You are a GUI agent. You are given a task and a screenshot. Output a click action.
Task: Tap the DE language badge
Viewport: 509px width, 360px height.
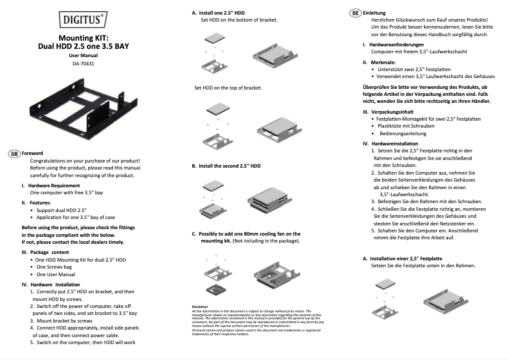[x=355, y=13]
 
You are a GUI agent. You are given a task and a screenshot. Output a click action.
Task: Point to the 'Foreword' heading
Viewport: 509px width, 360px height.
[x=32, y=154]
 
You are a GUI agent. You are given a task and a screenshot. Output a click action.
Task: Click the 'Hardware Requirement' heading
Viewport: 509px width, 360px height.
[x=53, y=185]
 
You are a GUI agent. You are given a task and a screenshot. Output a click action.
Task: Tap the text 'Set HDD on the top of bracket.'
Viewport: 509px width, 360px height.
[x=228, y=88]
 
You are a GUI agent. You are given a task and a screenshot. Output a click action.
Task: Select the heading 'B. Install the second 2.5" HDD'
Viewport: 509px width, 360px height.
[x=226, y=165]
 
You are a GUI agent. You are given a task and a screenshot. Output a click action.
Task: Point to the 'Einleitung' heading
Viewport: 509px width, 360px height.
[x=374, y=13]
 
